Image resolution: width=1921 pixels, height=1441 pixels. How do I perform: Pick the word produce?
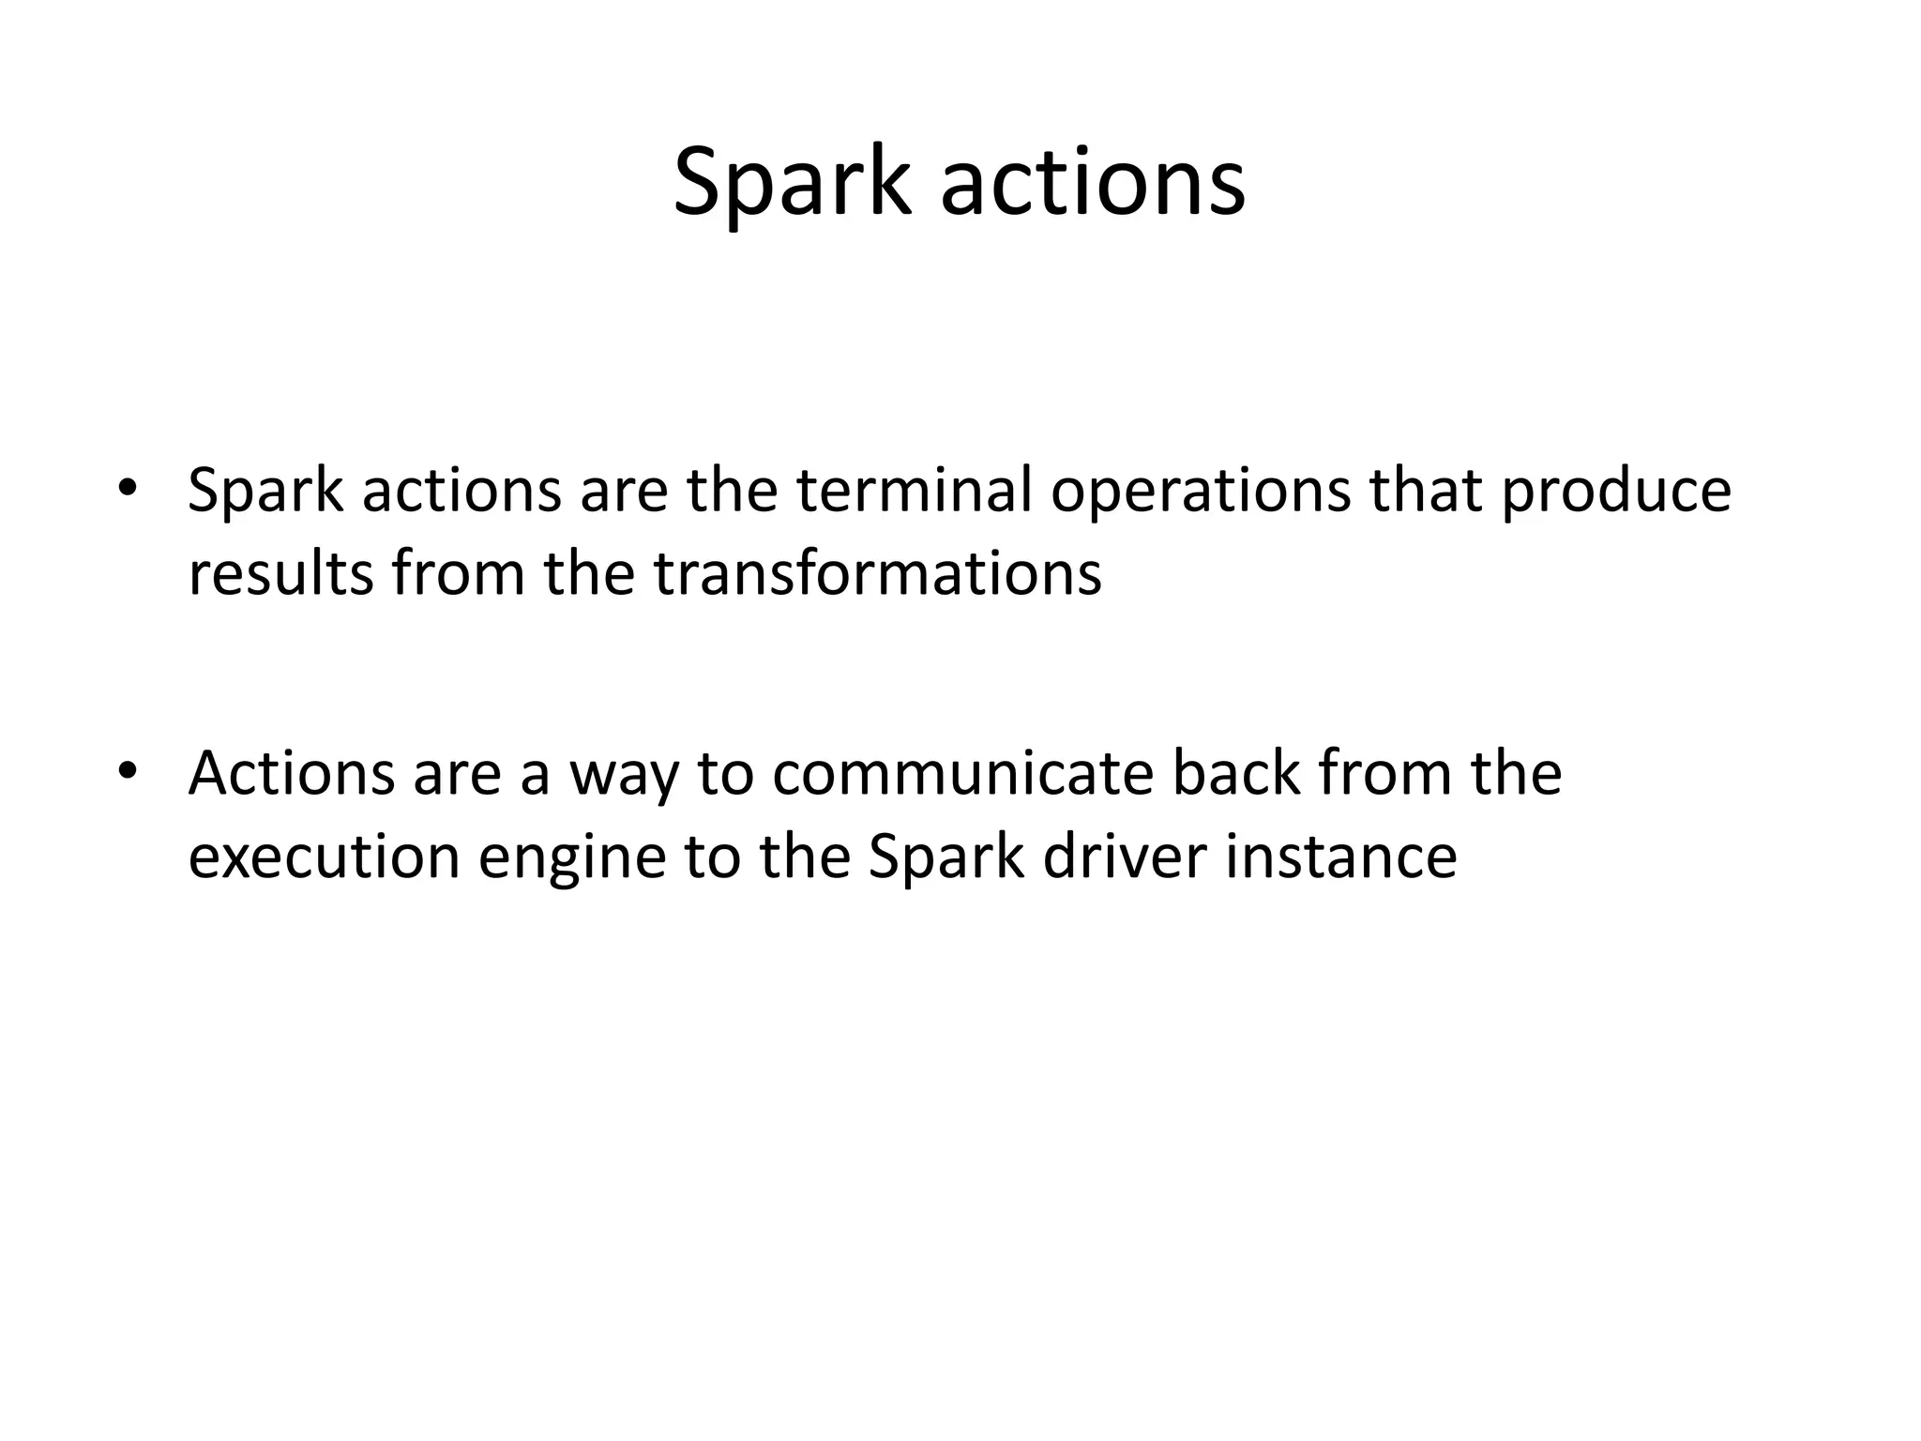(1615, 492)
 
